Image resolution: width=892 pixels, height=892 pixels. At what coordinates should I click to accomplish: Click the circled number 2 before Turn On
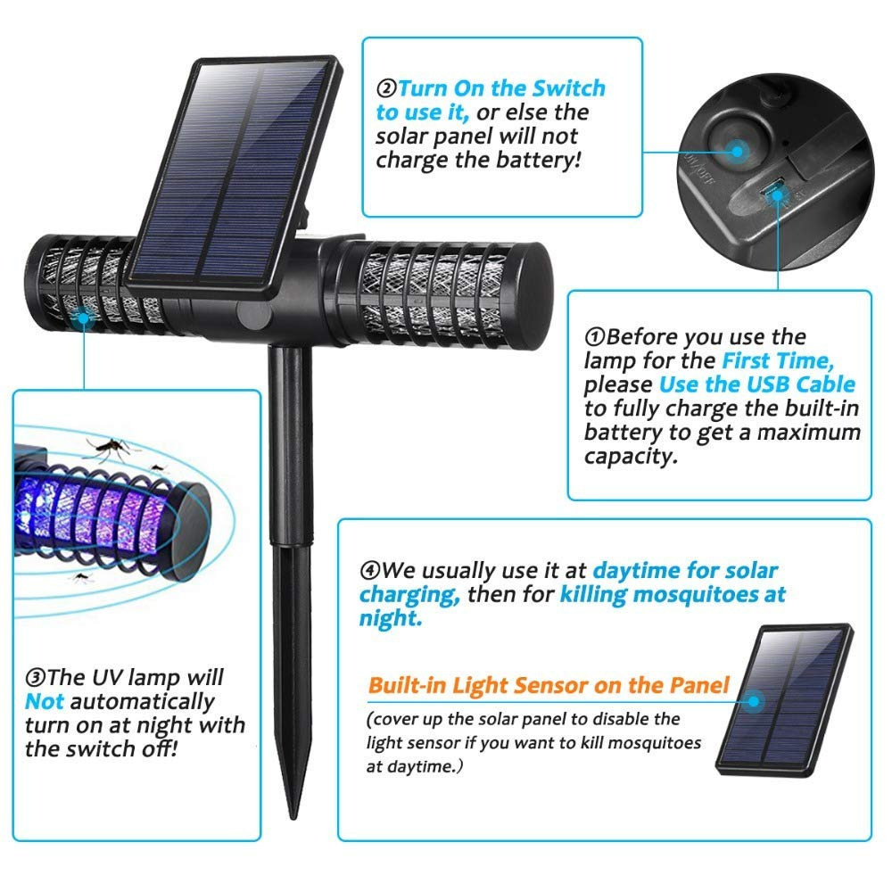[x=387, y=89]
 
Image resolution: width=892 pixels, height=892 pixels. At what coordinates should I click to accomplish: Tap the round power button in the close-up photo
[x=739, y=151]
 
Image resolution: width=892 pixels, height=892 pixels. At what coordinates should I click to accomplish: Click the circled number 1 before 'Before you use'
[x=595, y=337]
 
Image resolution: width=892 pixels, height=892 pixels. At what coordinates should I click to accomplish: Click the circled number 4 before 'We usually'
[x=370, y=570]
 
